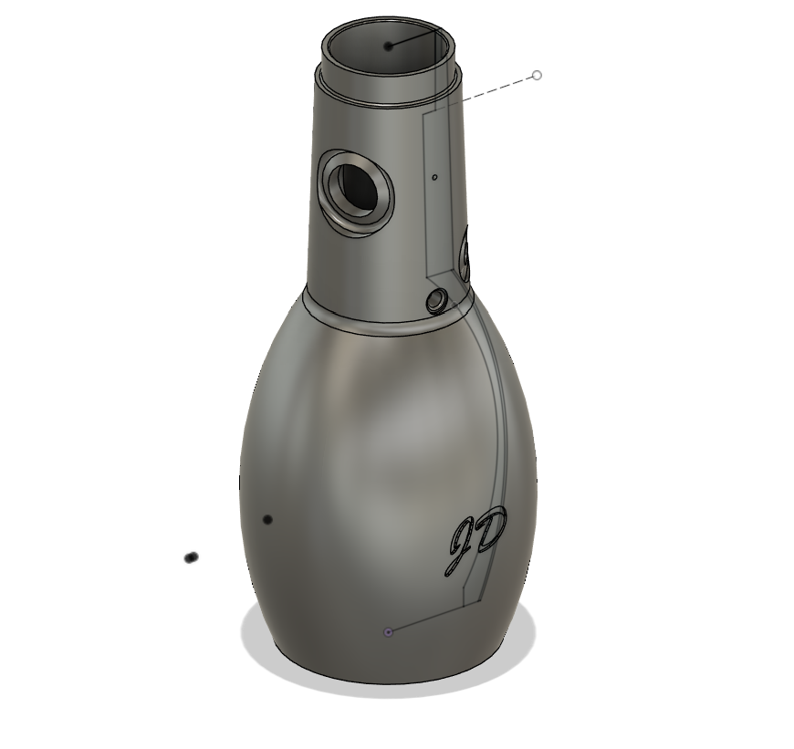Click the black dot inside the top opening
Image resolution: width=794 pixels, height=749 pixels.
388,46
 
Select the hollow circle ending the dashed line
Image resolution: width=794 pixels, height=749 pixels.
537,75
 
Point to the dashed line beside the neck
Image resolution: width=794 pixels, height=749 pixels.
497,88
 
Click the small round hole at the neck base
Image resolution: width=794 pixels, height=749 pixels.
437,300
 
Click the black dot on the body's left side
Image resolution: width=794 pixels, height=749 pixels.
267,519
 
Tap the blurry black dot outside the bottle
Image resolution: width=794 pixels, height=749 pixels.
191,557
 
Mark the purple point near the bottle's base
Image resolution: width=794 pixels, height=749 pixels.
388,631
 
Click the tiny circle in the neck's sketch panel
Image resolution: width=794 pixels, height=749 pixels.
435,177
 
